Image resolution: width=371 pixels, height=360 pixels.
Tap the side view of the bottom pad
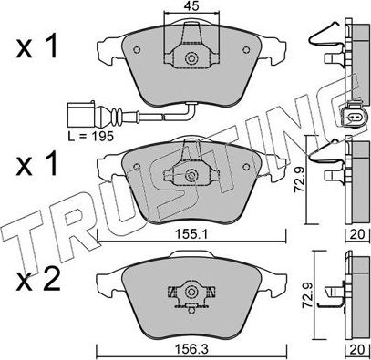point(354,293)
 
